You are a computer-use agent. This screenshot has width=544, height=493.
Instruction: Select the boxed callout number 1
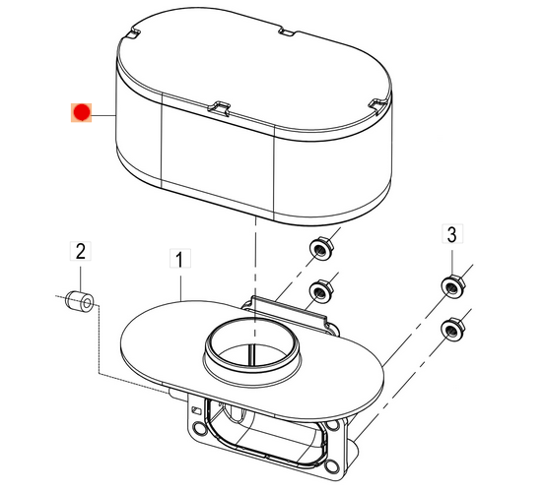point(179,260)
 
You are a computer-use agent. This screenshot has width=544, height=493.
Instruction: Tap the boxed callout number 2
point(82,252)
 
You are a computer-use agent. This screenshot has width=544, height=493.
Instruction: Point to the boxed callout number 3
point(451,234)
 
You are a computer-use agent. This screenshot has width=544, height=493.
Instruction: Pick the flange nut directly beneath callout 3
point(451,287)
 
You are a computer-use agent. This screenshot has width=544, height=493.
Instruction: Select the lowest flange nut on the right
point(451,327)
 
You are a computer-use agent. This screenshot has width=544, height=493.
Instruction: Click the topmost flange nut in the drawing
point(319,249)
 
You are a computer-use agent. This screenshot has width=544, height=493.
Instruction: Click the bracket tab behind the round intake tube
point(286,307)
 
